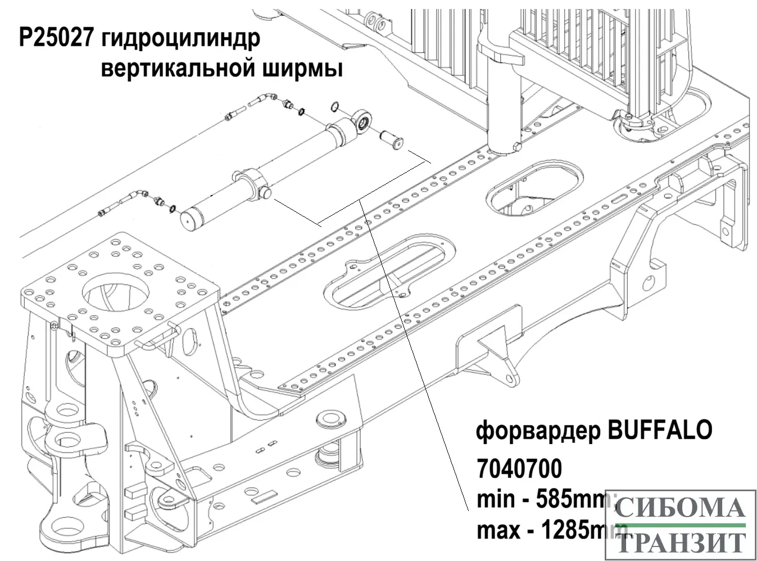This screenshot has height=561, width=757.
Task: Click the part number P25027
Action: [x=55, y=40]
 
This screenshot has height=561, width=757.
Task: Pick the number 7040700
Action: [x=519, y=467]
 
